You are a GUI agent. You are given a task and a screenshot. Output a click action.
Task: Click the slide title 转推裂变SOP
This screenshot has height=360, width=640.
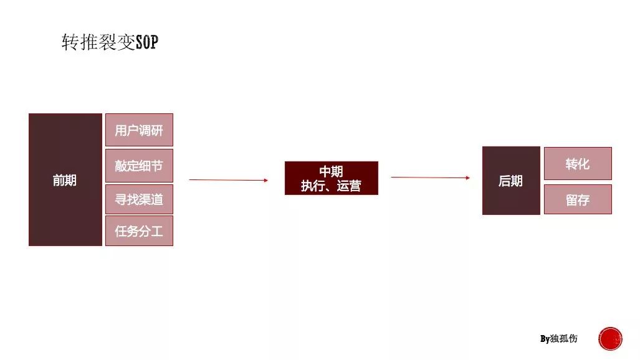coord(110,42)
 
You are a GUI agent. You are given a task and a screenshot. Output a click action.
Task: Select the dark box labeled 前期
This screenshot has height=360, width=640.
coord(65,179)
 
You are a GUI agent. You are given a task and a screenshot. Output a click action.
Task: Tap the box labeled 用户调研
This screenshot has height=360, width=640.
coord(139,130)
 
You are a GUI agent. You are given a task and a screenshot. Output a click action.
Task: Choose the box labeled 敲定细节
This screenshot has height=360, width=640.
coord(139,165)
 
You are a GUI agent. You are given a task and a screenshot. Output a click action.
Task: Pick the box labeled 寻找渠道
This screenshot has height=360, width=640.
coord(139,199)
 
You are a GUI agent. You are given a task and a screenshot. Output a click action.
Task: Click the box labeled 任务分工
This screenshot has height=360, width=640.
coord(139,231)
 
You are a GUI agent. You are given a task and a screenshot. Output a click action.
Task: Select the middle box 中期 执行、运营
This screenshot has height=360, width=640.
coord(332,178)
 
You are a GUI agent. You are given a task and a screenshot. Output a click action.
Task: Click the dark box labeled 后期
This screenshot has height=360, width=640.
coord(511,181)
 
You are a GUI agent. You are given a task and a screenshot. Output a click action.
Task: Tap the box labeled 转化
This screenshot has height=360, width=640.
coord(578,163)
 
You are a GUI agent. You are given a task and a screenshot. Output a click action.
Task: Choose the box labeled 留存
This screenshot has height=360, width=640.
coord(578,199)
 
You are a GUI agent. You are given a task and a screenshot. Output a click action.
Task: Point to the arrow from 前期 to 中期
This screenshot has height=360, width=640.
coord(229,179)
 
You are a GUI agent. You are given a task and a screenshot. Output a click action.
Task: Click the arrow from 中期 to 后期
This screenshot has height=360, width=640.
coord(431,178)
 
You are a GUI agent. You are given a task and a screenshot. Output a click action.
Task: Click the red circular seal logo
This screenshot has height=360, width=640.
coord(610,339)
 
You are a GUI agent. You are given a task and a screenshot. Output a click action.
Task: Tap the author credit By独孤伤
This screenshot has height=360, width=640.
coord(559,338)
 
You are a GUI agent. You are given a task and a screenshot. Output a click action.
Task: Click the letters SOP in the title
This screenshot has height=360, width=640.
coord(147,42)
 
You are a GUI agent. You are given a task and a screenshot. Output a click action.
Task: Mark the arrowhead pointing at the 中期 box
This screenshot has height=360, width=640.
coord(266,180)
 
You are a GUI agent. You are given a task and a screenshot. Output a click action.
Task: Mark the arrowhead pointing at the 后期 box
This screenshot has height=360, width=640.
coord(468,178)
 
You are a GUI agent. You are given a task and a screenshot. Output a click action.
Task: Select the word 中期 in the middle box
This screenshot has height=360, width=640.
coord(331,171)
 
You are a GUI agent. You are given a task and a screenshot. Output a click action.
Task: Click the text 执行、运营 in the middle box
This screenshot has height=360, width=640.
coord(331,186)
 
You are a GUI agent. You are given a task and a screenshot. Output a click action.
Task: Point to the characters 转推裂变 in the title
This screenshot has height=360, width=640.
coord(98,42)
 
